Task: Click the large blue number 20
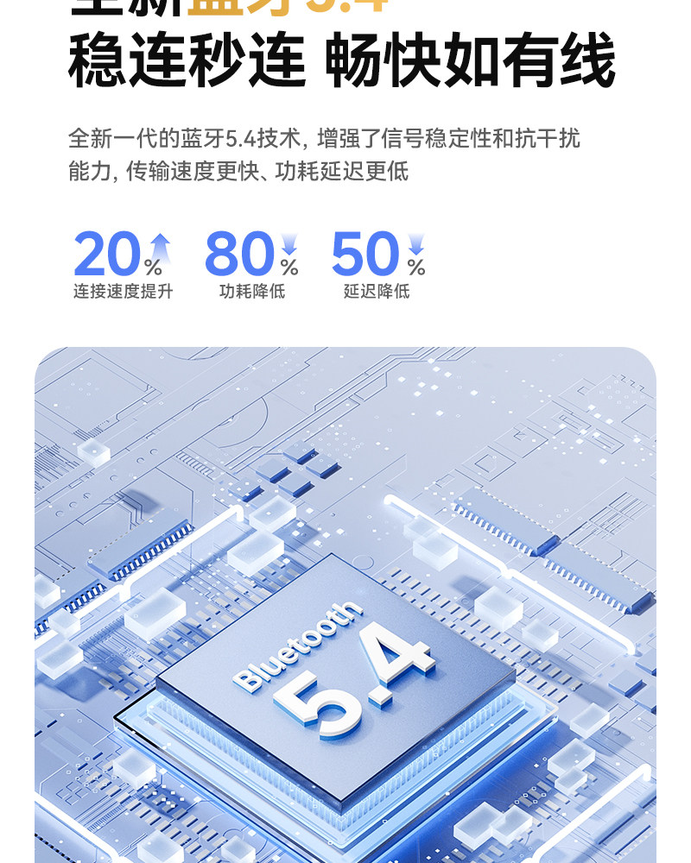click(105, 255)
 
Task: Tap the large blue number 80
click(240, 255)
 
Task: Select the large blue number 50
click(365, 255)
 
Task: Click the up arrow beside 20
click(160, 245)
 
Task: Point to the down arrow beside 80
click(289, 243)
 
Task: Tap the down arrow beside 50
click(416, 243)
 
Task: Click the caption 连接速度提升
click(123, 292)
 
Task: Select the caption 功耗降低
click(252, 292)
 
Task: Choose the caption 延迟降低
click(377, 292)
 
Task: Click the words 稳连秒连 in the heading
click(187, 60)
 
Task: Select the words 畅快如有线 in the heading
click(471, 60)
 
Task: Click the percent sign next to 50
click(416, 268)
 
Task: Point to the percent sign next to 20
click(154, 268)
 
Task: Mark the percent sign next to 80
click(289, 268)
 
